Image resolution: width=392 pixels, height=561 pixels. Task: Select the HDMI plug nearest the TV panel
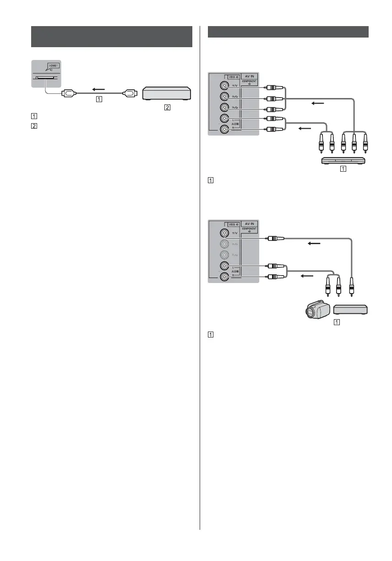[69, 94]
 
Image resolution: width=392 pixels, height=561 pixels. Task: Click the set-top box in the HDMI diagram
[167, 93]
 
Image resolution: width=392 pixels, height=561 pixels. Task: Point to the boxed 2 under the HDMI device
[167, 108]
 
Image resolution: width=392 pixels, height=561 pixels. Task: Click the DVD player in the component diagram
[343, 160]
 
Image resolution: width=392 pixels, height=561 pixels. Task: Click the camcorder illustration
[316, 311]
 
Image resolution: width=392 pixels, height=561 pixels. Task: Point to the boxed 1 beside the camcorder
[337, 321]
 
